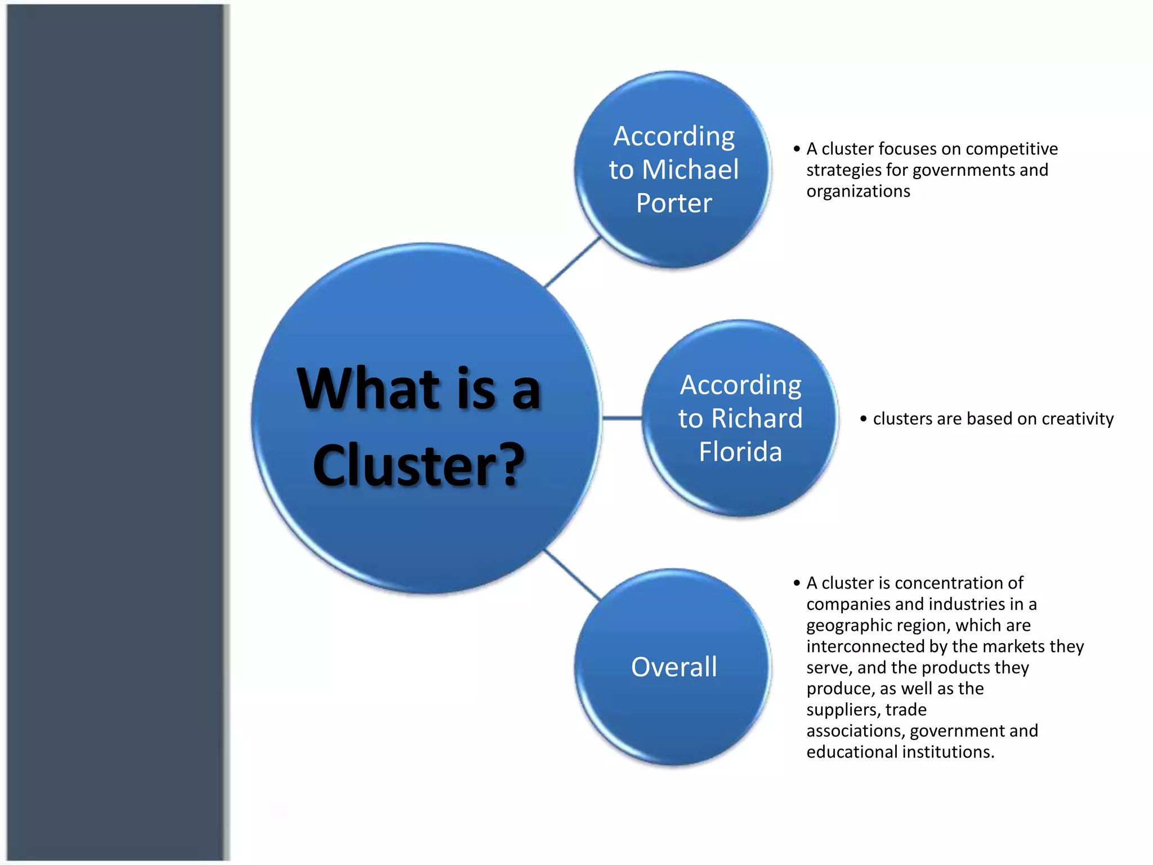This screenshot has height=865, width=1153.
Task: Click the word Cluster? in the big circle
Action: (418, 465)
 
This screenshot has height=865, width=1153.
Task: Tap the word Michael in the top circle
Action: (690, 170)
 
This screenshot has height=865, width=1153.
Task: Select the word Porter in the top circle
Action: (674, 203)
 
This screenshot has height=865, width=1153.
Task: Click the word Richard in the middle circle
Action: (757, 418)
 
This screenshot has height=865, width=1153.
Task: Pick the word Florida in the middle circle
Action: (740, 452)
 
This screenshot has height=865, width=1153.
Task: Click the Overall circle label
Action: (674, 667)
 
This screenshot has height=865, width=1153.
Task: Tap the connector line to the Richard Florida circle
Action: (622, 418)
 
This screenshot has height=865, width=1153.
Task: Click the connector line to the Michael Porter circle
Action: (573, 262)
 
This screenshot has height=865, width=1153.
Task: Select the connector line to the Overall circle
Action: (573, 574)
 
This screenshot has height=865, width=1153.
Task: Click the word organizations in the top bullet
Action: (858, 191)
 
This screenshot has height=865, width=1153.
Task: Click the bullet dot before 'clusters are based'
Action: (863, 419)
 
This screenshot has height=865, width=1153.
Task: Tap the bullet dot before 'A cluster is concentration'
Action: (797, 583)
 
